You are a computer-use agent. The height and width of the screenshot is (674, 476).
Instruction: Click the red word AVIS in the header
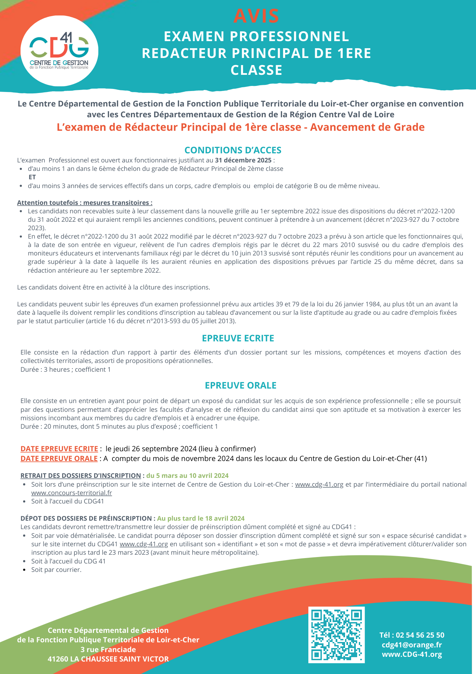click(256, 16)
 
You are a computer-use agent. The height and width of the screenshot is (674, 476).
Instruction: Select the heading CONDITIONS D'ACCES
click(233, 150)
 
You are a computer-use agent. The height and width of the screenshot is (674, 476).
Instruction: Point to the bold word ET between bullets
click(32, 177)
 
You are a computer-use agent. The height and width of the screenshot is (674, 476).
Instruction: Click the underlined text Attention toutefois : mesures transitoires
click(84, 203)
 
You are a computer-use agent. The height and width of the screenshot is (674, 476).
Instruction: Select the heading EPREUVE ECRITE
click(238, 338)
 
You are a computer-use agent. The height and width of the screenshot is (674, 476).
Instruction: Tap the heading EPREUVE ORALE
click(241, 385)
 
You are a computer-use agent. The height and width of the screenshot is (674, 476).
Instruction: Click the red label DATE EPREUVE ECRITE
click(59, 449)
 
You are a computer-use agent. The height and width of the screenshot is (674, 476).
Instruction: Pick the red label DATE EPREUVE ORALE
click(59, 458)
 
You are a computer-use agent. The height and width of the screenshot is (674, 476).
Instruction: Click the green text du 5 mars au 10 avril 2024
click(188, 476)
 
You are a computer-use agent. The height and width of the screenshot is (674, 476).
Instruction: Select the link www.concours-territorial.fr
click(72, 493)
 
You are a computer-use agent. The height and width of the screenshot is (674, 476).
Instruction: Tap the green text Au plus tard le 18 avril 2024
click(201, 518)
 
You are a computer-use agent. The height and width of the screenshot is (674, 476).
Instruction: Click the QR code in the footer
click(336, 635)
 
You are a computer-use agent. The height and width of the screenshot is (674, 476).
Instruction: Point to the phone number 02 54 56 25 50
click(420, 635)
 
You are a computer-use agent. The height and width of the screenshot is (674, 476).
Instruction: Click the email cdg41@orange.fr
click(412, 645)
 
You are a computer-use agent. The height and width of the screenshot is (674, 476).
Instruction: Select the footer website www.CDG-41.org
click(412, 654)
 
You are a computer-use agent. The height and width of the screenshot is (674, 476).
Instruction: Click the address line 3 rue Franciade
click(108, 649)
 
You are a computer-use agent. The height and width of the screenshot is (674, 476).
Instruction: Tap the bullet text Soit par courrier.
click(56, 570)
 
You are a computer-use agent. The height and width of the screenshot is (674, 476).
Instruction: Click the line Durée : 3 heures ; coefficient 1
click(66, 369)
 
